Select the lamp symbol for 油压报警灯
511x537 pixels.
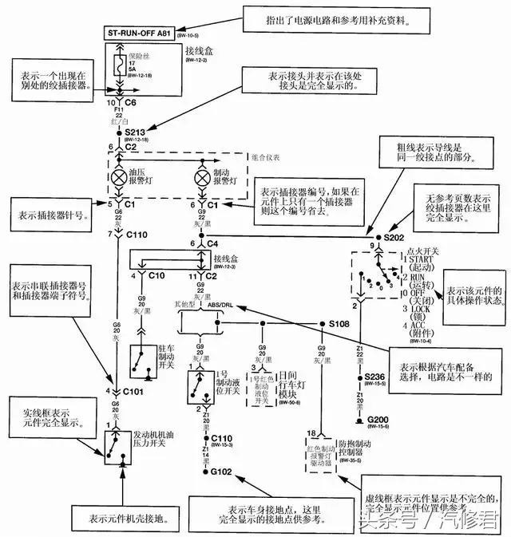[x=122, y=174]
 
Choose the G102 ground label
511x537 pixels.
[x=220, y=472]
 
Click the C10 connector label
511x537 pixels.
[x=157, y=275]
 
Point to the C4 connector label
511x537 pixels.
[x=213, y=243]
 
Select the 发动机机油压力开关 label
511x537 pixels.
[x=159, y=439]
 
